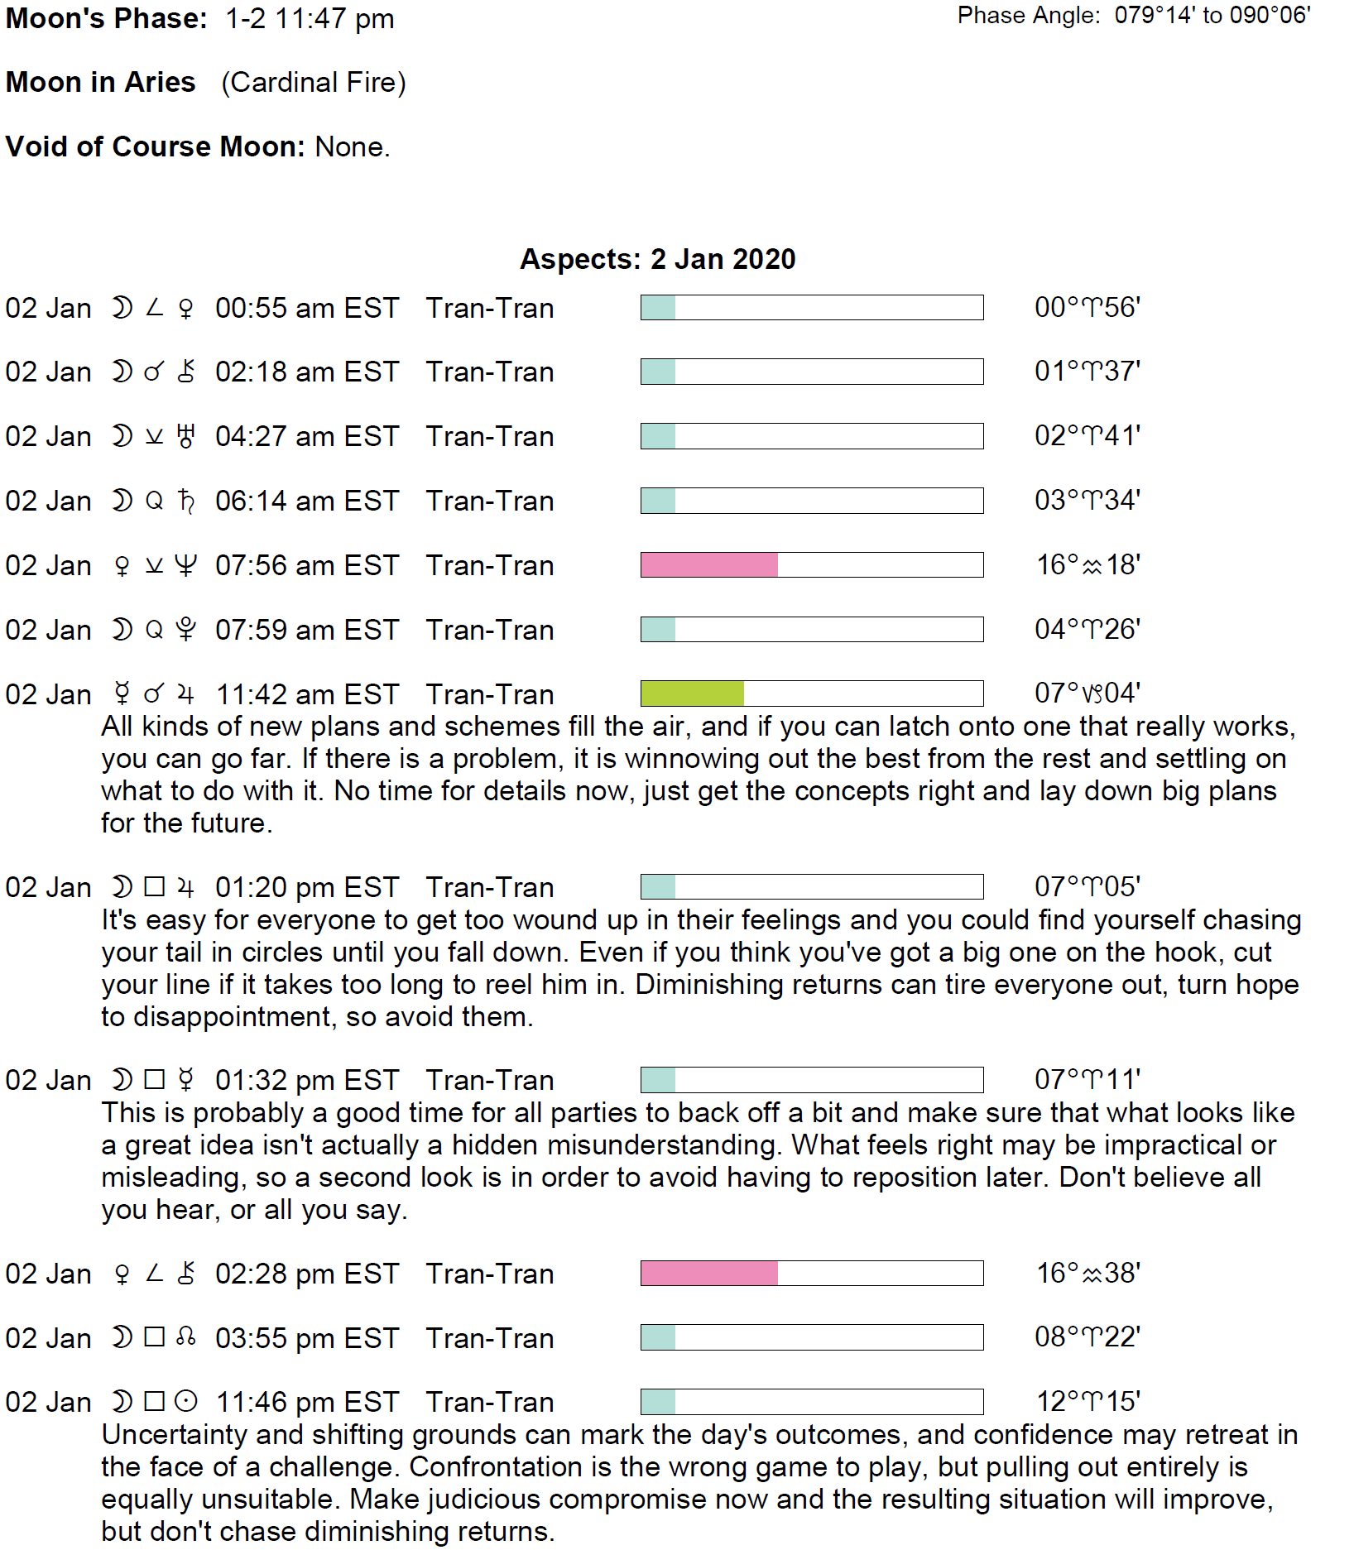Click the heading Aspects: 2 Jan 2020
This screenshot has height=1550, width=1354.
[657, 259]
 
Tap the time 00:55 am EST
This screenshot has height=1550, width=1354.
[307, 308]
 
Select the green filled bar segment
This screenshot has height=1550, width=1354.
[692, 693]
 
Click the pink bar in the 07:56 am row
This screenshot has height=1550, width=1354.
[709, 565]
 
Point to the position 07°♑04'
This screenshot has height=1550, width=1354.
[1088, 693]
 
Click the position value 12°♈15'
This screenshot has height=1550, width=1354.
[1088, 1401]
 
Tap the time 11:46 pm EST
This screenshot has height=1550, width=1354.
[307, 1402]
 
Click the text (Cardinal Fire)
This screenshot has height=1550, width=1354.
[314, 82]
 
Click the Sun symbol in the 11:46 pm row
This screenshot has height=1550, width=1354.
[187, 1401]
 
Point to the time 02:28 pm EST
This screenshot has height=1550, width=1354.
[307, 1274]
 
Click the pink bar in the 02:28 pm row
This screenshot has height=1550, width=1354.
[709, 1274]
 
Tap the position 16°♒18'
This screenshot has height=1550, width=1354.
[1088, 564]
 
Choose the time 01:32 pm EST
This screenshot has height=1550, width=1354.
[307, 1080]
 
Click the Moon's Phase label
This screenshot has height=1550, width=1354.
[106, 18]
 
